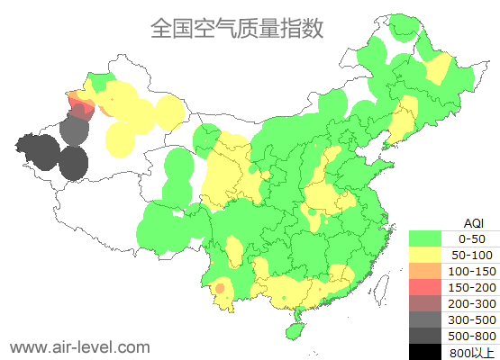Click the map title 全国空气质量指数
[x=237, y=29]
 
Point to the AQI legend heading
[x=472, y=222]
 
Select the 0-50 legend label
[x=471, y=238]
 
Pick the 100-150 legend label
[x=471, y=271]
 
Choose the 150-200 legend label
[x=471, y=287]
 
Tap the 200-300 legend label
[x=471, y=303]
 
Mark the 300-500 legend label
[x=471, y=319]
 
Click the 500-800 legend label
[x=471, y=336]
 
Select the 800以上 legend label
[x=471, y=352]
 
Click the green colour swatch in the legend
[x=427, y=238]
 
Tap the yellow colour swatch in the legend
[x=427, y=255]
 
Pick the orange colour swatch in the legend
[x=427, y=271]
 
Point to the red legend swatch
[x=427, y=287]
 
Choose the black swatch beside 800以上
[x=427, y=352]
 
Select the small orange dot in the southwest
[x=220, y=288]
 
